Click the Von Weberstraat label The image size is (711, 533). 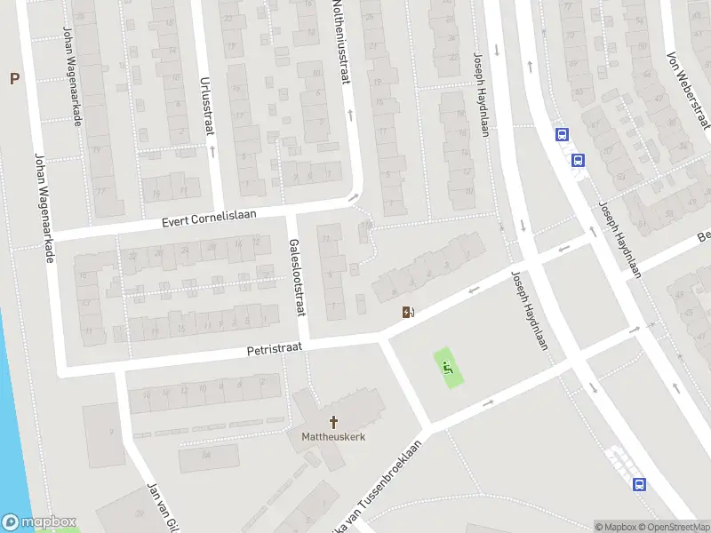pyautogui.click(x=689, y=88)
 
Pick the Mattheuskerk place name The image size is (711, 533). pyautogui.click(x=333, y=436)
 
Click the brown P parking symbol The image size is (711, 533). pyautogui.click(x=13, y=79)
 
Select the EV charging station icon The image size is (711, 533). pyautogui.click(x=408, y=313)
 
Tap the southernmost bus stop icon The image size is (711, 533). pyautogui.click(x=639, y=484)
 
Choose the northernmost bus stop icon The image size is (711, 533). pyautogui.click(x=562, y=135)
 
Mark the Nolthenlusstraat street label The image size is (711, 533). pyautogui.click(x=340, y=44)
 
